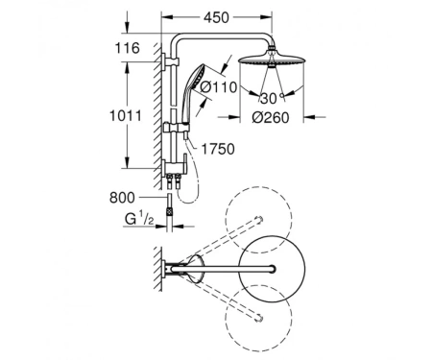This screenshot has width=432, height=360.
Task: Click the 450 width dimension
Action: point(216,17)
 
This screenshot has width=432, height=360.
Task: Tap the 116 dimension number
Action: point(128,48)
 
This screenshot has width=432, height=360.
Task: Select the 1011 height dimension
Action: point(126,115)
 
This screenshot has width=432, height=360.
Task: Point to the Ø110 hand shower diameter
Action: point(218,87)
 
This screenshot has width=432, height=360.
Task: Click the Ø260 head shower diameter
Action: point(271,117)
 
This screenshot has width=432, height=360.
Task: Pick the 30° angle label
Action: point(272,98)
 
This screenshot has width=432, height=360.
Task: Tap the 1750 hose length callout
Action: point(218,149)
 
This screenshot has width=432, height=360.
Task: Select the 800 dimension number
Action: point(122,198)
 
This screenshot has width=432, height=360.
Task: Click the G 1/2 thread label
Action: point(139,219)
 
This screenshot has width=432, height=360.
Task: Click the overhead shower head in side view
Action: point(271,60)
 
